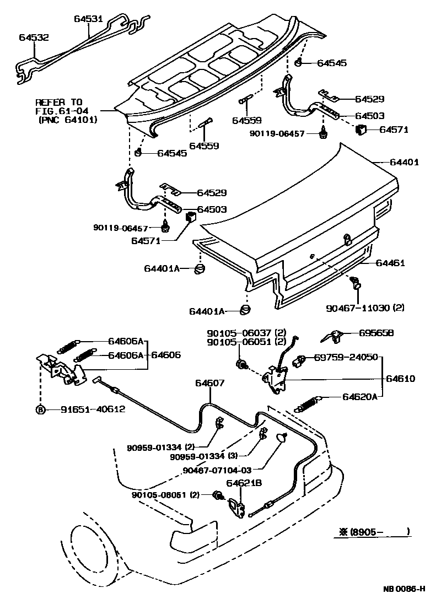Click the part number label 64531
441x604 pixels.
pyautogui.click(x=88, y=18)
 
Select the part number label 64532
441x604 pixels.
pyautogui.click(x=34, y=38)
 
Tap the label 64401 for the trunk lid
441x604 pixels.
pyautogui.click(x=404, y=163)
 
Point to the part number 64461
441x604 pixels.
pyautogui.click(x=390, y=263)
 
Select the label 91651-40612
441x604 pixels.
pyautogui.click(x=93, y=409)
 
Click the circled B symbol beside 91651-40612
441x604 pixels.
pyautogui.click(x=40, y=409)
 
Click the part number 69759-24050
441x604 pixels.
pyautogui.click(x=346, y=357)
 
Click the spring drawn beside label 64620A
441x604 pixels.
pyautogui.click(x=309, y=403)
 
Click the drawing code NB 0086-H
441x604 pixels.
pyautogui.click(x=404, y=588)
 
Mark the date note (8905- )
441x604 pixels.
pyautogui.click(x=374, y=532)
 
